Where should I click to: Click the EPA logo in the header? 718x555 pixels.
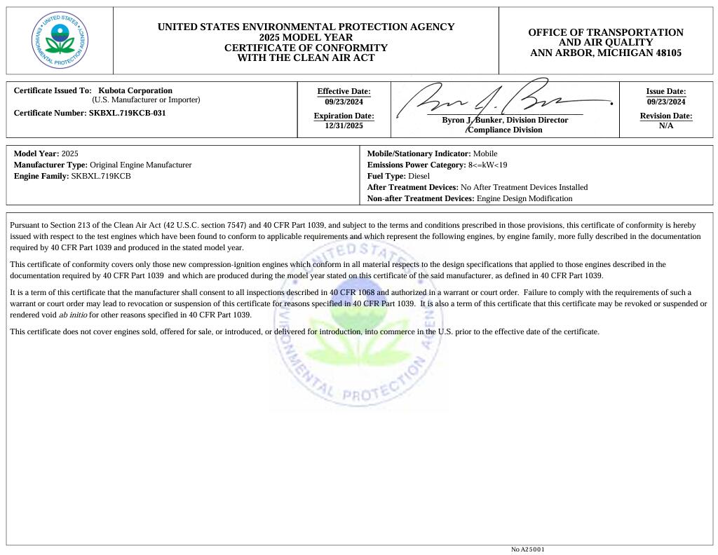[60, 40]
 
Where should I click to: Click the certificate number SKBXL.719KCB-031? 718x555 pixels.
[128, 113]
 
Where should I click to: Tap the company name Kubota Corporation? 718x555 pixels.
[135, 90]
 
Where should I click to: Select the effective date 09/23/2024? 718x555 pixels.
[344, 102]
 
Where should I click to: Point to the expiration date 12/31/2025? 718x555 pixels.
[344, 126]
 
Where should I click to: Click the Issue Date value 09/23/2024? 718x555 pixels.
[665, 102]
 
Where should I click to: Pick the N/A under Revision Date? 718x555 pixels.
[665, 126]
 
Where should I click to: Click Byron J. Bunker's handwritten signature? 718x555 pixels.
[491, 104]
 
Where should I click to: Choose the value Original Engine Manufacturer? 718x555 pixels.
[140, 165]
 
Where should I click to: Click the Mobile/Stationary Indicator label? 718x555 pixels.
[419, 153]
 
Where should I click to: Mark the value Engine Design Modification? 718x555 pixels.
[524, 198]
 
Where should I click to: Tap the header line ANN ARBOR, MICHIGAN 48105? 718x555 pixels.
[605, 53]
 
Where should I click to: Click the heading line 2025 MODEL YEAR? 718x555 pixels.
[306, 37]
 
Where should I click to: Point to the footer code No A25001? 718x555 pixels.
[527, 549]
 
